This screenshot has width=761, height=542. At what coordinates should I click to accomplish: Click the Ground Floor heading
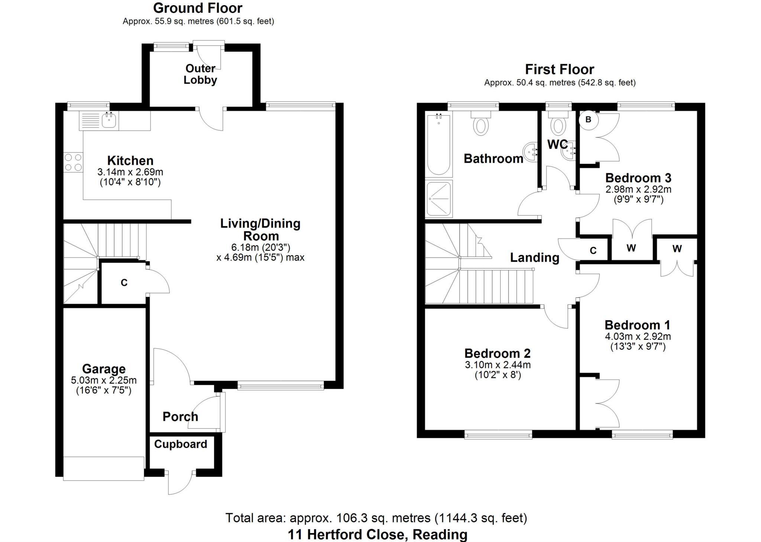(x=198, y=8)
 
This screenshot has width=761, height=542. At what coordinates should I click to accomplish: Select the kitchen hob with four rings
(x=73, y=162)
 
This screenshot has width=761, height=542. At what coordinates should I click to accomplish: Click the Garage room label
(x=104, y=369)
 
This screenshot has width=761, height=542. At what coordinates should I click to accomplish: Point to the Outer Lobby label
(x=200, y=74)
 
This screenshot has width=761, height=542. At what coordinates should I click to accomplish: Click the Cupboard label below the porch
(x=181, y=444)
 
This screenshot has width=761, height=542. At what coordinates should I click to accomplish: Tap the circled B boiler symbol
(x=588, y=120)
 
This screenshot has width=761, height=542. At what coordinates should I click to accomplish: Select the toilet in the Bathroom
(x=481, y=124)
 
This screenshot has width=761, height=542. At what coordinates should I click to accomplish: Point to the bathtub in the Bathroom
(x=438, y=145)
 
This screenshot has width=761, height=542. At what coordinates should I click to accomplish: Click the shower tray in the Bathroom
(x=439, y=199)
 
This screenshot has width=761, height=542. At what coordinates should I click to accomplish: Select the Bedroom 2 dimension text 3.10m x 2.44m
(x=498, y=365)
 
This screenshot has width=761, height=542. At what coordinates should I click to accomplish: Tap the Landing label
(x=534, y=257)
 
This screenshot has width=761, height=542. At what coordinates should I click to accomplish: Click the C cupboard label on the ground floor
(x=124, y=283)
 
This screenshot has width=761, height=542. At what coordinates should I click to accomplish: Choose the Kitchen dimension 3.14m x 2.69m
(x=130, y=172)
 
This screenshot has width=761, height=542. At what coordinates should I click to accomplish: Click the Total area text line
(x=376, y=517)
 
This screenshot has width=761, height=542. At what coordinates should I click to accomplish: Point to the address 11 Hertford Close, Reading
(x=378, y=535)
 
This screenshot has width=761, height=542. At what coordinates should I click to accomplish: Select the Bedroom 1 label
(x=637, y=325)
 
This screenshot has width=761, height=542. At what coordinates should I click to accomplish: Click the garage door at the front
(x=103, y=468)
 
